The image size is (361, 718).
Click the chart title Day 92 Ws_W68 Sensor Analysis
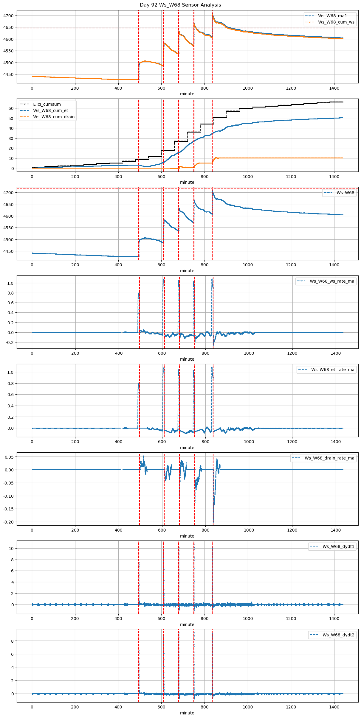(x=180, y=5)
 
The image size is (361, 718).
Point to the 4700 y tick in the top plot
(x=9, y=16)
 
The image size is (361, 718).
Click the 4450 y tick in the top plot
(x=9, y=75)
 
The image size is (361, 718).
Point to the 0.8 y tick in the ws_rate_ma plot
(x=10, y=293)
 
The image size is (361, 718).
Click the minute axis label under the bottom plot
(x=187, y=713)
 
